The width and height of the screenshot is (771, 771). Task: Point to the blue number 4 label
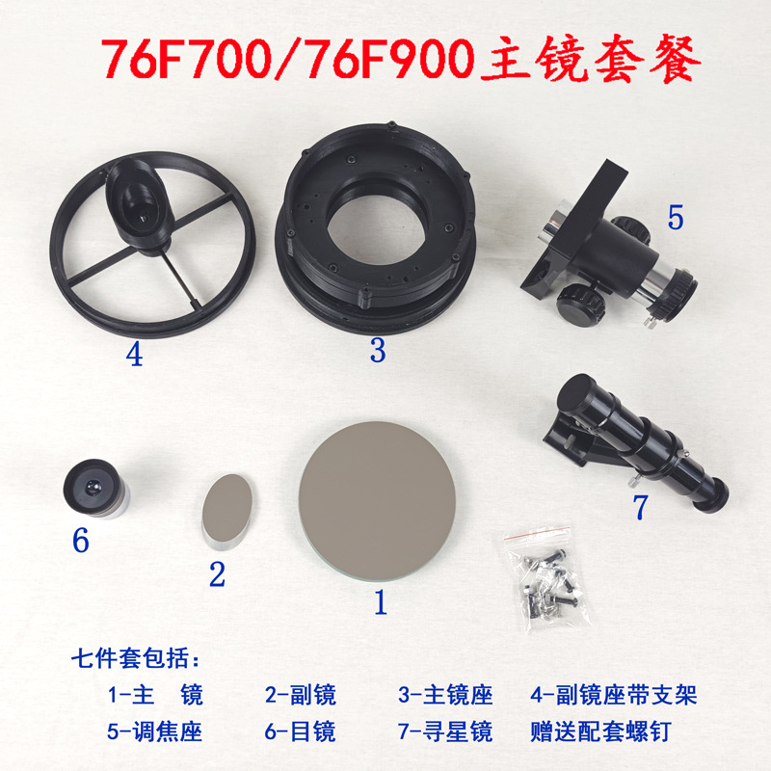pos(134,357)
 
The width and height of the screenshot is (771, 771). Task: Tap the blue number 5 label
pos(675,218)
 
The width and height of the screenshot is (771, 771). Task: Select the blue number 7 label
pos(641,507)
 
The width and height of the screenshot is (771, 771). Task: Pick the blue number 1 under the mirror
pos(380,603)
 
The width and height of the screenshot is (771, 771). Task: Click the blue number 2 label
pos(217,575)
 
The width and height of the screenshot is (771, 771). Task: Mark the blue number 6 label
pos(80,541)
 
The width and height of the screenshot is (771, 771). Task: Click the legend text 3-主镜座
pos(445,695)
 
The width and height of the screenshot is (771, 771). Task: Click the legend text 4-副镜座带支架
pos(613,695)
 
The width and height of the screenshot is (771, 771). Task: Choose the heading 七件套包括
pos(135,661)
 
